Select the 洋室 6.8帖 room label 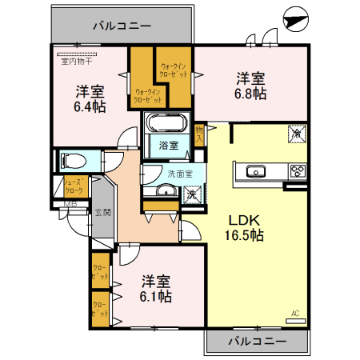[x=250, y=86]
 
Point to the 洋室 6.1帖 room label [x=157, y=289]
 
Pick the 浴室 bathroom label [x=168, y=146]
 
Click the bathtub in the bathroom [x=167, y=125]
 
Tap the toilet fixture [x=73, y=160]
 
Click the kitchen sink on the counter [x=257, y=170]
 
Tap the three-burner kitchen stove [x=297, y=170]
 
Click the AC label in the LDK [x=294, y=314]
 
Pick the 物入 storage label [x=200, y=133]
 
